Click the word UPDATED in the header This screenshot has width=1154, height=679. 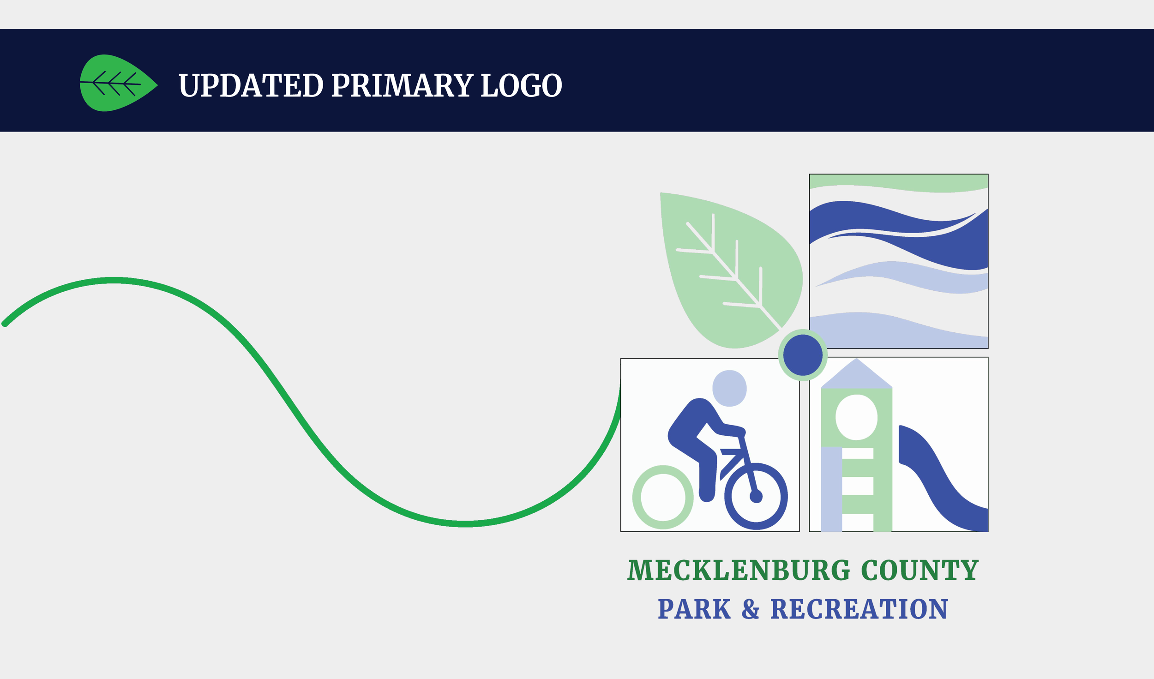click(x=251, y=86)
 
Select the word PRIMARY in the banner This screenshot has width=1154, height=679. click(x=402, y=86)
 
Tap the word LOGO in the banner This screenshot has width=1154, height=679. click(x=521, y=86)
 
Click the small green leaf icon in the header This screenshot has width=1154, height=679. click(x=118, y=84)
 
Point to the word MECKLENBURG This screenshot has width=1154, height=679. click(x=739, y=571)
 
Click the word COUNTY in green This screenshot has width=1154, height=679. click(x=920, y=571)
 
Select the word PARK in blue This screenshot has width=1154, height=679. click(x=694, y=610)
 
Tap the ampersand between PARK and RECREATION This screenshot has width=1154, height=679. click(x=751, y=609)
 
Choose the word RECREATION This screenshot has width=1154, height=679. click(x=859, y=610)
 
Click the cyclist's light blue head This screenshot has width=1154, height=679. click(x=729, y=388)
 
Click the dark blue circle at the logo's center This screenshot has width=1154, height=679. click(x=803, y=355)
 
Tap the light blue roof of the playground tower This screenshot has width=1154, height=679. click(x=857, y=376)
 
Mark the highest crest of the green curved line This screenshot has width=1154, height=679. click(x=114, y=280)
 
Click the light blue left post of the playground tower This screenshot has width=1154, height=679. click(x=832, y=489)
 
